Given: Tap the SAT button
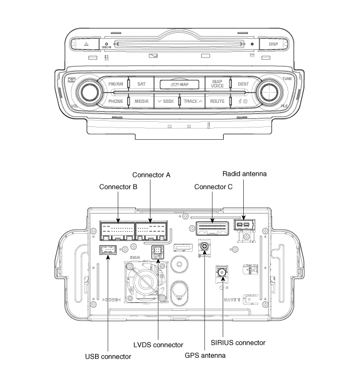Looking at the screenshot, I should click(141, 83).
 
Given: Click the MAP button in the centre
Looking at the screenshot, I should click(179, 83).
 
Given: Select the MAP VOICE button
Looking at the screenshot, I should click(218, 83).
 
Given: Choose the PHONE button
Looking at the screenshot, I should click(116, 101).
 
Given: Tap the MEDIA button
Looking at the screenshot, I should click(141, 101).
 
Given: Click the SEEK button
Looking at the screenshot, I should click(166, 101).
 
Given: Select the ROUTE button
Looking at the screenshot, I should click(218, 101).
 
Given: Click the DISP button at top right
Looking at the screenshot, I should click(273, 45).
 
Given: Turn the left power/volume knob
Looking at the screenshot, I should click(88, 92).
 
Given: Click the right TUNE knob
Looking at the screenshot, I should click(269, 92).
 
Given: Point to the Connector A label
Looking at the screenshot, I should click(152, 175).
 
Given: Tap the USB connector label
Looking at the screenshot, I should click(108, 356).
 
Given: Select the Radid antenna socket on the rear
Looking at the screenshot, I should click(242, 225).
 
